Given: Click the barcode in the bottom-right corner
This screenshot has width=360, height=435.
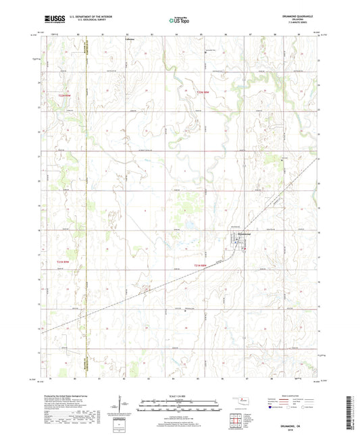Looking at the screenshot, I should pyautogui.click(x=351, y=412).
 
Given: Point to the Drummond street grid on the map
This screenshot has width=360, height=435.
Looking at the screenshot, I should pyautogui.click(x=242, y=243).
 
